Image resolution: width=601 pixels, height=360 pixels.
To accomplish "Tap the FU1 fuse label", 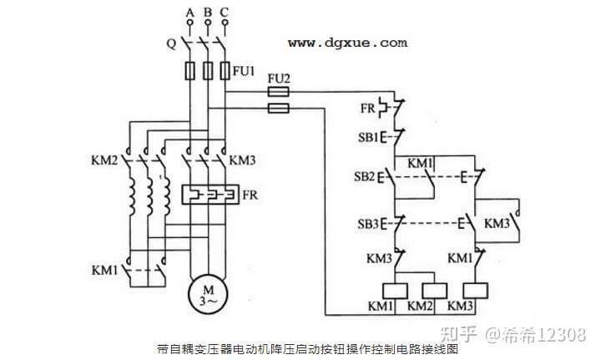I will (x=245, y=70).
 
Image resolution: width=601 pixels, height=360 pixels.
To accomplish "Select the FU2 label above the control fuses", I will (x=278, y=79).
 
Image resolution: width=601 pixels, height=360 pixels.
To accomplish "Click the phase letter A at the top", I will (x=190, y=13).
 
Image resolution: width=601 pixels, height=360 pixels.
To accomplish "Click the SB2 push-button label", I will (x=365, y=177).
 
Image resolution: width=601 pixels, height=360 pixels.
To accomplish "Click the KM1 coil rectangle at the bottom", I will (x=394, y=291).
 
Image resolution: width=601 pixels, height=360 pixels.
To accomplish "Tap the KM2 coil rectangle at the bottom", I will (x=432, y=291).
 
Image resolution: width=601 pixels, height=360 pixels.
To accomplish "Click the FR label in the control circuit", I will (x=367, y=108).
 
